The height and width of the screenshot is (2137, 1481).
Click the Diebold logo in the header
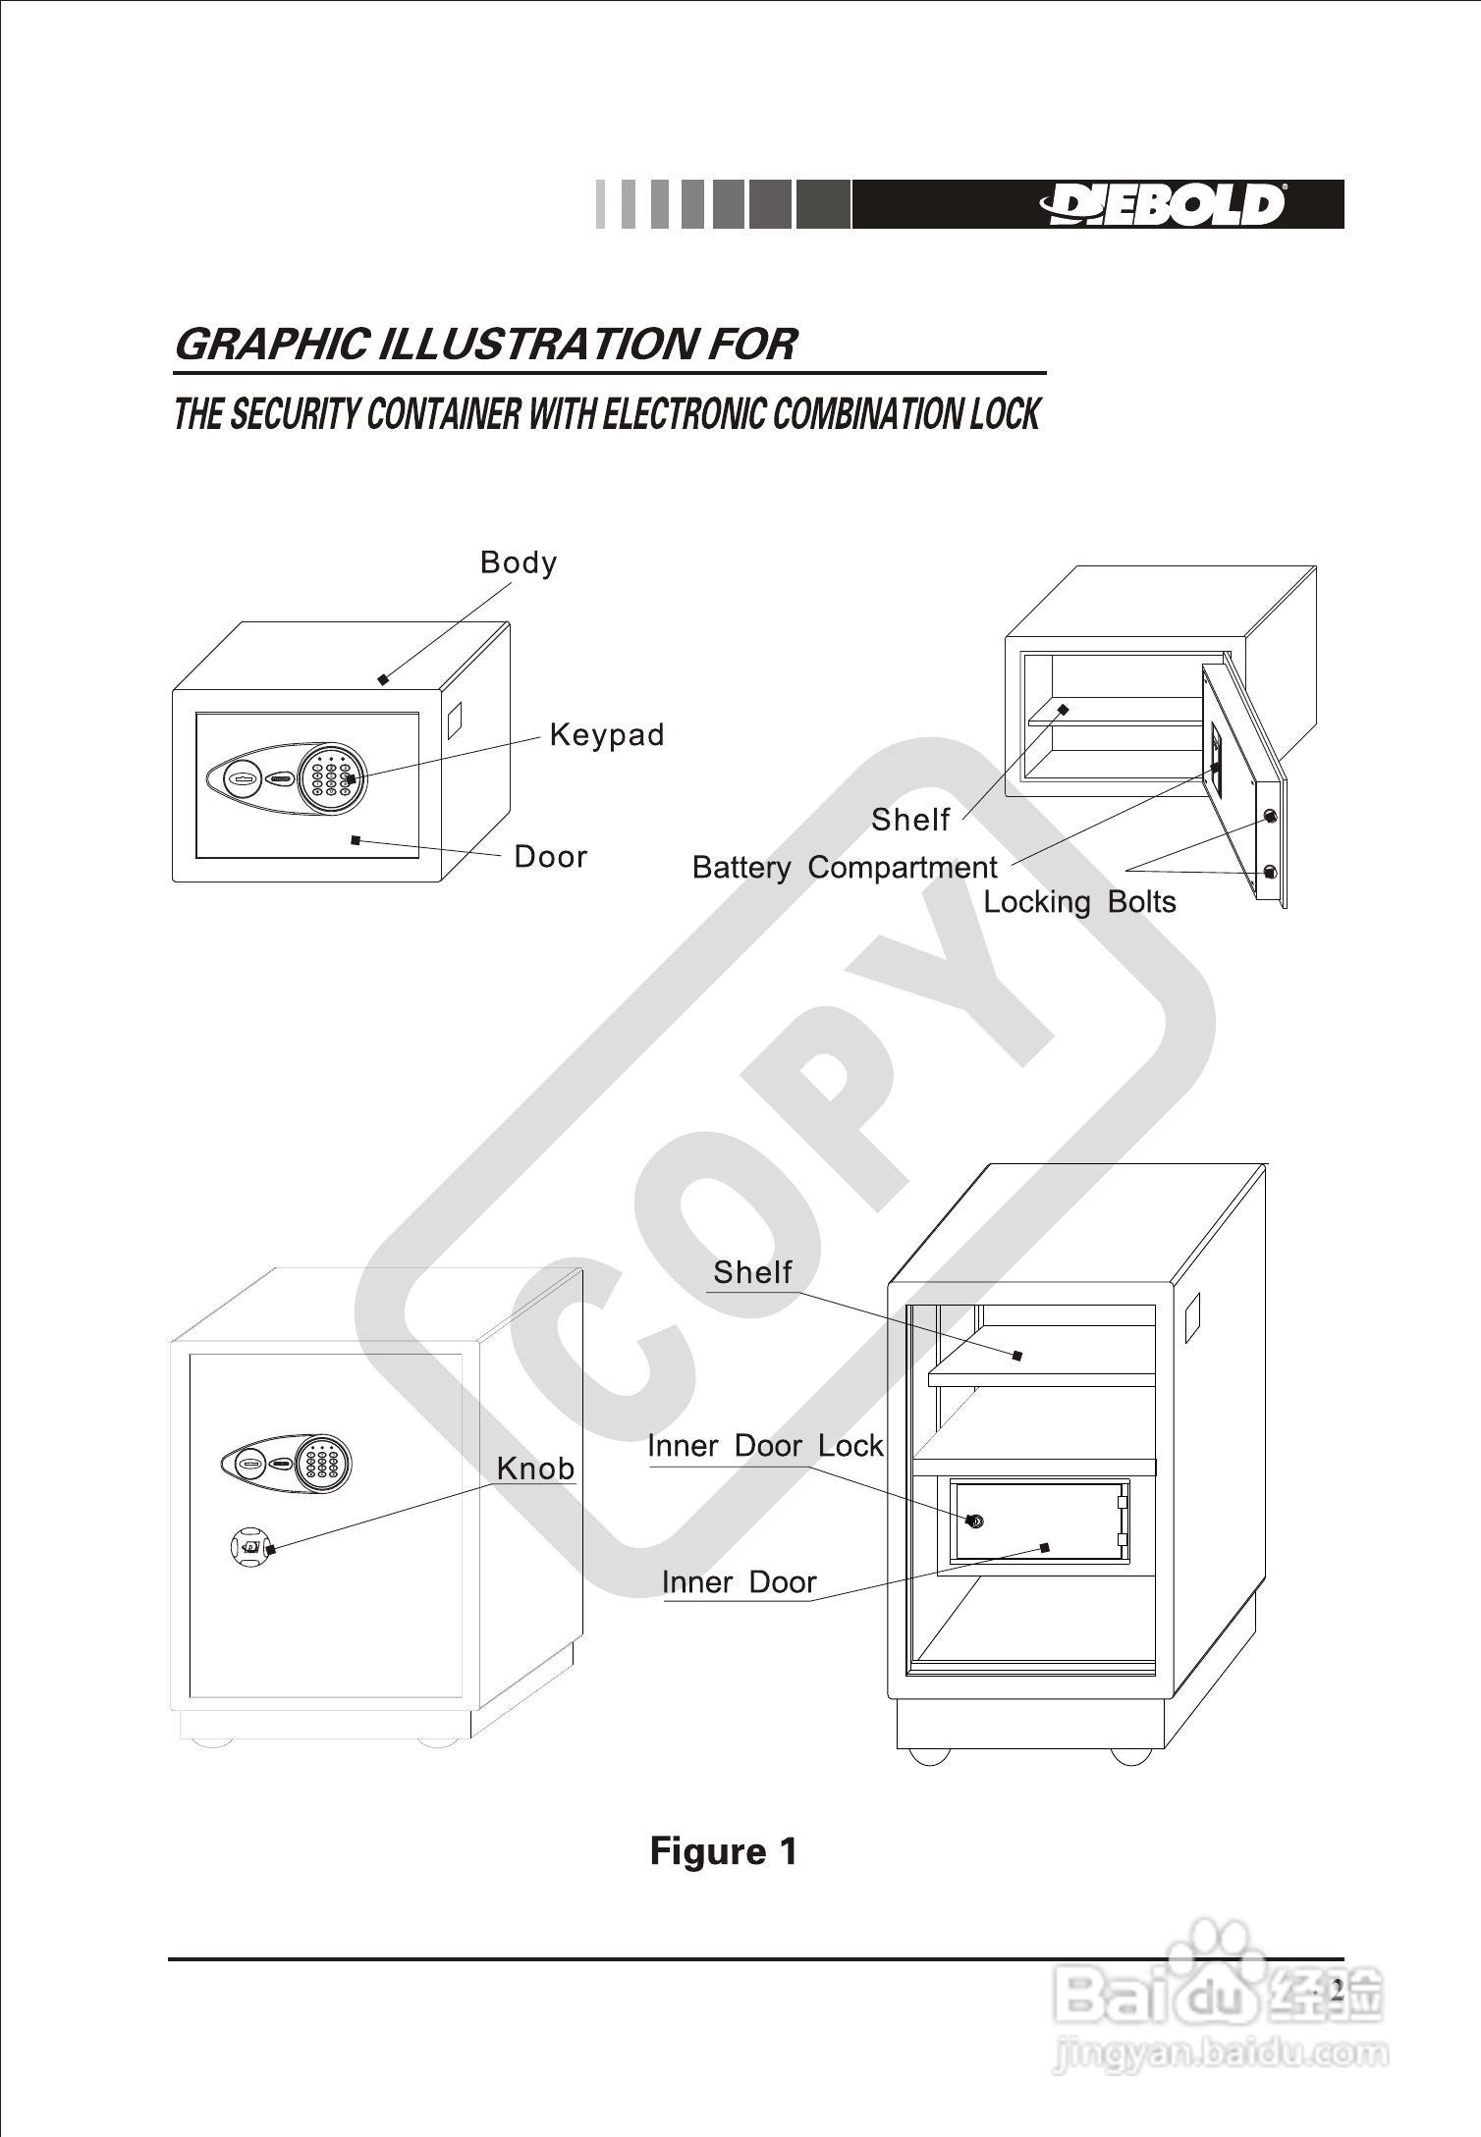1163,204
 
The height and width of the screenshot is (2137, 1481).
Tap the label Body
519,562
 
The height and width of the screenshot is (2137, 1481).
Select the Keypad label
607,734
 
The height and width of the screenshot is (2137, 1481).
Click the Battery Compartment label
845,868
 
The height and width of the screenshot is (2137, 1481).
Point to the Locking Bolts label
1079,902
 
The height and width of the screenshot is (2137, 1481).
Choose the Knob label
535,1469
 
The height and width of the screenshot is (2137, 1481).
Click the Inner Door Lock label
766,1446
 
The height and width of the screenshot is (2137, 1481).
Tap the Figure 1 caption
724,1851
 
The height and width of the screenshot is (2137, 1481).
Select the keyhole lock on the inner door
974,1522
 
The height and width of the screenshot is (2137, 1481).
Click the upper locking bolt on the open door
1270,816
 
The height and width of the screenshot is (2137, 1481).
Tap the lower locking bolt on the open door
1270,872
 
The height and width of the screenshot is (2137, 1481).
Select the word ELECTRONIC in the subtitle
684,415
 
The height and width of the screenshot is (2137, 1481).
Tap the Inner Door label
740,1582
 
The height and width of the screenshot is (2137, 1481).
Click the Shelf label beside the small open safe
910,820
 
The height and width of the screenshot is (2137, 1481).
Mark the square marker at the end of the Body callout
383,679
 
